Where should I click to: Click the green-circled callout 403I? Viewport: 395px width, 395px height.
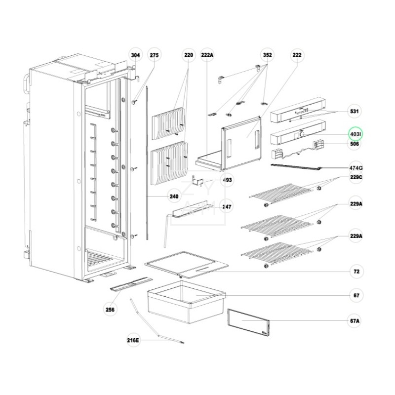pyautogui.click(x=355, y=134)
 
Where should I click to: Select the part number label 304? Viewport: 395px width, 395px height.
pyautogui.click(x=135, y=55)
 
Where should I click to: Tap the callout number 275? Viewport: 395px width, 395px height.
pyautogui.click(x=154, y=55)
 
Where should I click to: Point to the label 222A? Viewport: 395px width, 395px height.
pyautogui.click(x=207, y=55)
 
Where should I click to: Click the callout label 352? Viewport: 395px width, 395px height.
pyautogui.click(x=267, y=55)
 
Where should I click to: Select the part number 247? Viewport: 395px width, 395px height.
pyautogui.click(x=227, y=207)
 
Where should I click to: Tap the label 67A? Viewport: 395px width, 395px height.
pyautogui.click(x=355, y=321)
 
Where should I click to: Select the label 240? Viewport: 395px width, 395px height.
pyautogui.click(x=173, y=197)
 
